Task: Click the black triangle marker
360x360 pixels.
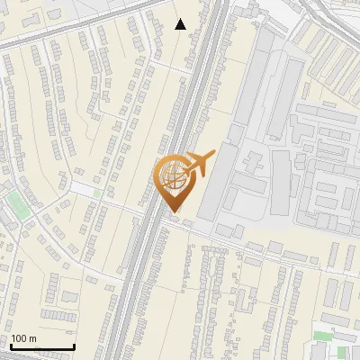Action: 181,24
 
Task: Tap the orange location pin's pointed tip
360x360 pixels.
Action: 172,212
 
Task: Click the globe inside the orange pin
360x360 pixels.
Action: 172,175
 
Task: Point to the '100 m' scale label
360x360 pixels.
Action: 24,338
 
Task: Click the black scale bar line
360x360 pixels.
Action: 42,346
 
